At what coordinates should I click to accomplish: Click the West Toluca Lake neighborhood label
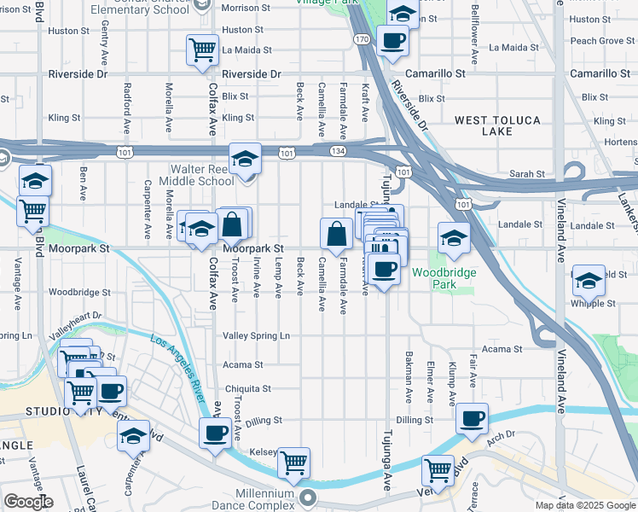pyautogui.click(x=495, y=125)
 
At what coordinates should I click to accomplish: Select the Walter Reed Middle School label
pyautogui.click(x=201, y=175)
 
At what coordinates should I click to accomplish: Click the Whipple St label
pyautogui.click(x=593, y=303)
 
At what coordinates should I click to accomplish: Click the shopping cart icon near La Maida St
pyautogui.click(x=203, y=50)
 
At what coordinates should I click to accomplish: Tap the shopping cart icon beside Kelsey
pyautogui.click(x=293, y=462)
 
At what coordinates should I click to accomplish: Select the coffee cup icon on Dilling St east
pyautogui.click(x=471, y=418)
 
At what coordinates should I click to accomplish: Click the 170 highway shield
pyautogui.click(x=362, y=39)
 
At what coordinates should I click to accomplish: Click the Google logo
pyautogui.click(x=28, y=502)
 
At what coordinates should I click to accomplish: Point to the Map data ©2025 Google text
pyautogui.click(x=584, y=505)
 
